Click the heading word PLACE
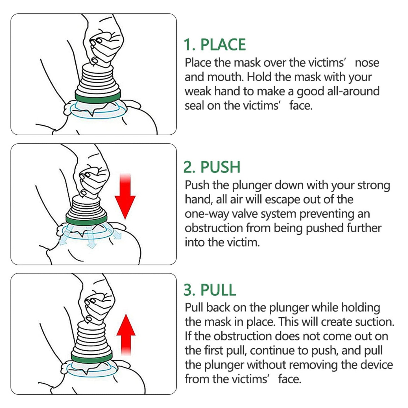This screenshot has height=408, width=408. point(223,45)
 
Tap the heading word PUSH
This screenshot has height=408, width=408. point(220,167)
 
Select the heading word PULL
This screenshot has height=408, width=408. point(218,290)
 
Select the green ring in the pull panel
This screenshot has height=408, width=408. point(91,358)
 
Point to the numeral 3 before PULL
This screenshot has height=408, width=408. point(188,290)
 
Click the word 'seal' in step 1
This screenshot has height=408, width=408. point(194,106)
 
